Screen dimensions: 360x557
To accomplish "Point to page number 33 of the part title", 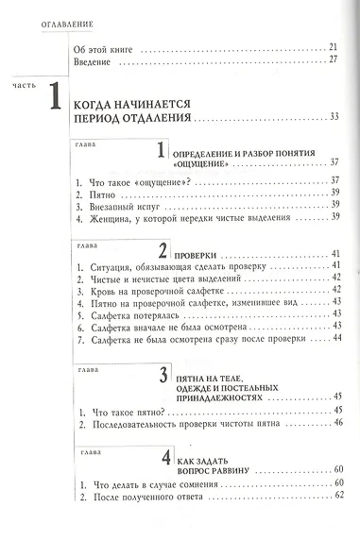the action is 334,117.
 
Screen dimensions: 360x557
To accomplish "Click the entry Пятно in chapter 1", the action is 95,192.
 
